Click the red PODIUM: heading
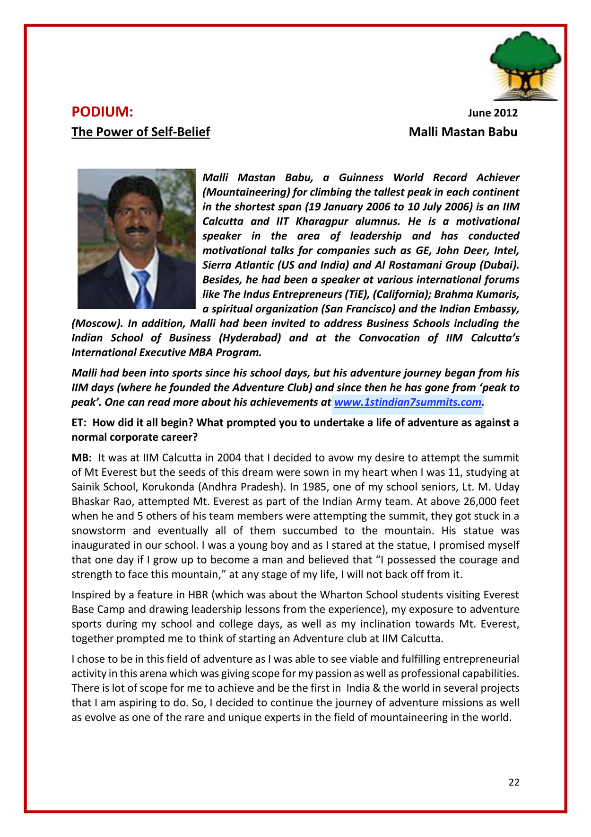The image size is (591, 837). (102, 112)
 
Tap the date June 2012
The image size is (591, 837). (493, 113)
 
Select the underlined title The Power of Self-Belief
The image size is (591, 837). (140, 132)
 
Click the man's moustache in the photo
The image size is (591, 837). (137, 230)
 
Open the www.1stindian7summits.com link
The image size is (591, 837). (408, 402)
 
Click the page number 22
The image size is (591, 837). (514, 782)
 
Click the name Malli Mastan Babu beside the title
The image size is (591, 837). (463, 132)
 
